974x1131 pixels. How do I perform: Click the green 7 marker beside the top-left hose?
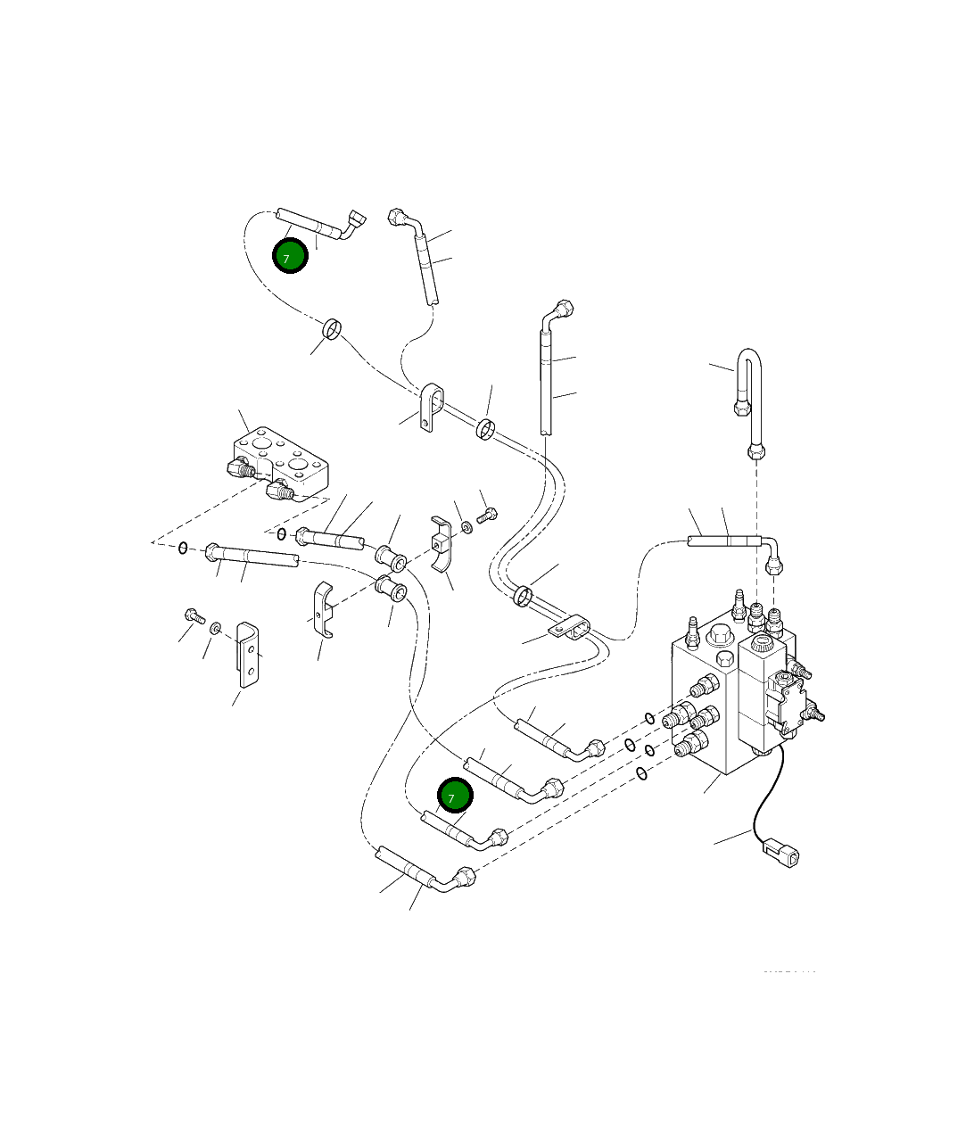point(290,257)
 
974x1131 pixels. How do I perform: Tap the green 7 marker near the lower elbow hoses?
point(455,797)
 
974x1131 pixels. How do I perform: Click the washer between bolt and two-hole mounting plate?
point(216,630)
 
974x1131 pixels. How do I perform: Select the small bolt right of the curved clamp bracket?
point(487,515)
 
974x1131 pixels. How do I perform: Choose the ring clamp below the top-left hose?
point(332,330)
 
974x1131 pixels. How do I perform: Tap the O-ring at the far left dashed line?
point(182,547)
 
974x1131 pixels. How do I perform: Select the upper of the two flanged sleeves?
point(392,557)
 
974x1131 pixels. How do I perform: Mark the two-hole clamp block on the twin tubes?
point(572,628)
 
